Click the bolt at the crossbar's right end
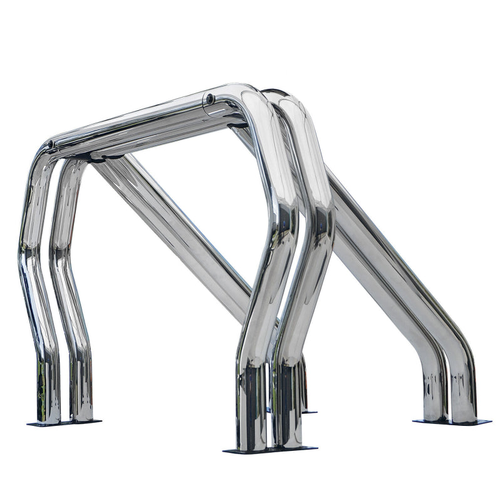click(x=210, y=99)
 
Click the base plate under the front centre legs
click(x=270, y=449)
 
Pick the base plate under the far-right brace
click(x=451, y=422)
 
